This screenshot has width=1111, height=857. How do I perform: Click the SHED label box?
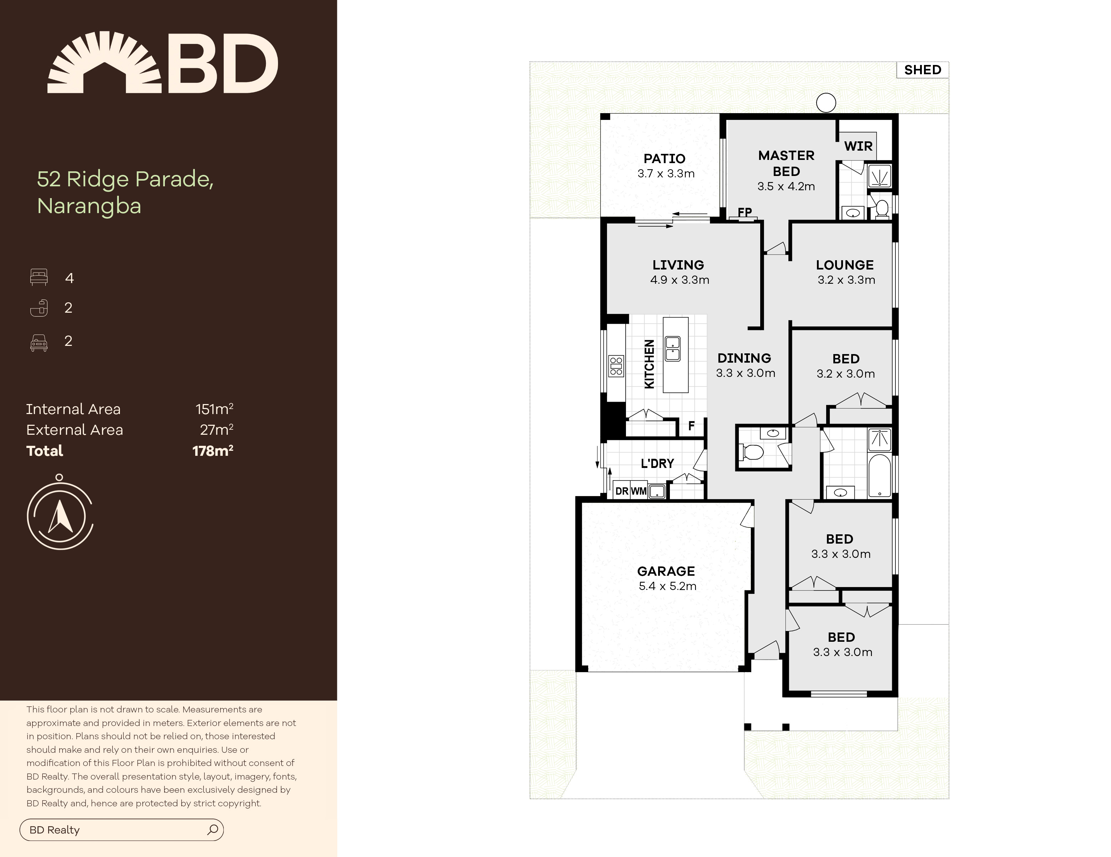922,70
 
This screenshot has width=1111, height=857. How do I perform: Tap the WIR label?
858,146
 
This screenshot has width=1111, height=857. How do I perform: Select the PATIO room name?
665,158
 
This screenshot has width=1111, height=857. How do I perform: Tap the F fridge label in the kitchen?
691,426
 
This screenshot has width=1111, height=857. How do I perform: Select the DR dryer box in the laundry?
622,491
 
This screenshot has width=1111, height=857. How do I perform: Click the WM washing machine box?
639,491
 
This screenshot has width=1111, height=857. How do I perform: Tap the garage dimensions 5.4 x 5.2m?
667,586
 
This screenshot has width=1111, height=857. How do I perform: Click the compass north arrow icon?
60,515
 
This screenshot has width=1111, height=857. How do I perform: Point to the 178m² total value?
213,450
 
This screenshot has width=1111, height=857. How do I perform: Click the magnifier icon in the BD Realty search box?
213,830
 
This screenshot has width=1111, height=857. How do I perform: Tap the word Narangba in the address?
89,206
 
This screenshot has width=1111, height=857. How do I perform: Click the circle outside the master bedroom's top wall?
825,103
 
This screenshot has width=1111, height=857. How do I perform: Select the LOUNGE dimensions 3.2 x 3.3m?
846,280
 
